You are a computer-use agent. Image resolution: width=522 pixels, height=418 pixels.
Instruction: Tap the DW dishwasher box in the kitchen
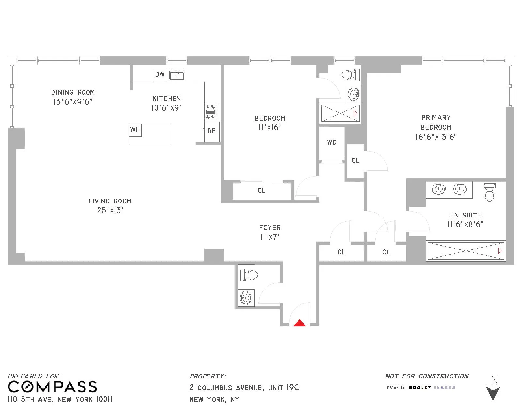coord(160,75)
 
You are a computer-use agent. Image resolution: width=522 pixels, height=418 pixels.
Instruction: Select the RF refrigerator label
coord(211,131)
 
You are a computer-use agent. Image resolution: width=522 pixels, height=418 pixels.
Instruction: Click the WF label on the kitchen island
coord(135,129)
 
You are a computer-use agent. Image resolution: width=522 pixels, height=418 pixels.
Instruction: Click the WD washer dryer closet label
coord(332,142)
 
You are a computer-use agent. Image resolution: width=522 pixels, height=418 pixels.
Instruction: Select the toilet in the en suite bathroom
coord(489,193)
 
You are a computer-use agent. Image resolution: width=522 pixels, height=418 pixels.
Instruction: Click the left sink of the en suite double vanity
coord(438,189)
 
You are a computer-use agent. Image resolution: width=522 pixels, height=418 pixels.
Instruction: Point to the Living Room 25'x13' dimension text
coord(110,211)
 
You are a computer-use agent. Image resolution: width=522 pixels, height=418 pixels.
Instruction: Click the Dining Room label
coord(73,92)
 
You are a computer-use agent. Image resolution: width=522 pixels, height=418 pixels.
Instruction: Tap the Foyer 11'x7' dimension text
coord(270,237)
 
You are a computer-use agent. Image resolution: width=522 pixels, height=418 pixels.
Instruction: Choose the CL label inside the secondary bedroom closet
coord(261,190)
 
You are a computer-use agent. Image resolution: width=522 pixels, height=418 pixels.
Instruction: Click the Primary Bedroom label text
coord(436,122)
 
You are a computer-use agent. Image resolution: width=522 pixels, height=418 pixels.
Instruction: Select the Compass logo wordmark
coord(52,387)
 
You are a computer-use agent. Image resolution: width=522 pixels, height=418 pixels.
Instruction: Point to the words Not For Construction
coord(427,376)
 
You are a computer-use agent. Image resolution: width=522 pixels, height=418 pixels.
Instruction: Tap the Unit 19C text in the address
coord(284,388)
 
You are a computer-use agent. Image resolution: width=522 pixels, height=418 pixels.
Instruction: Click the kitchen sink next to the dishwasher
coord(177,75)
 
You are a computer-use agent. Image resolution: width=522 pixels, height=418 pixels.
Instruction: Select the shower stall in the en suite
coord(466,251)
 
